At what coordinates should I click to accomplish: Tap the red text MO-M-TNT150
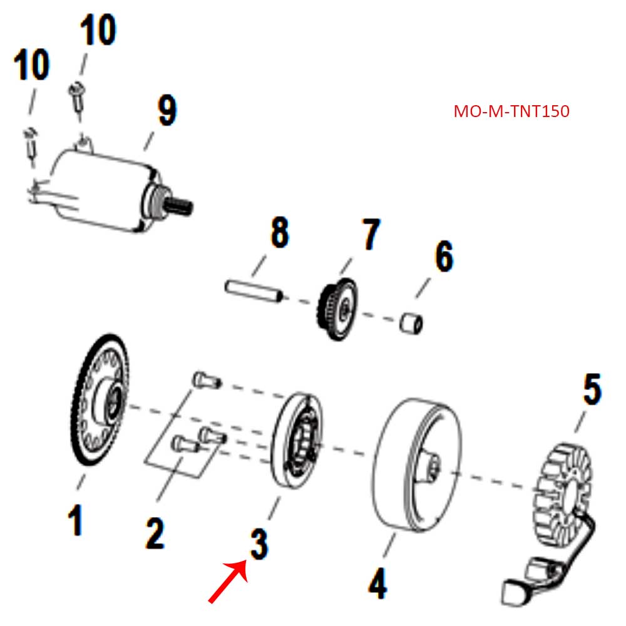pos(511,112)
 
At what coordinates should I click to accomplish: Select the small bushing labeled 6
pos(412,324)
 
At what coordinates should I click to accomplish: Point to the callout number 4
pos(377,585)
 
